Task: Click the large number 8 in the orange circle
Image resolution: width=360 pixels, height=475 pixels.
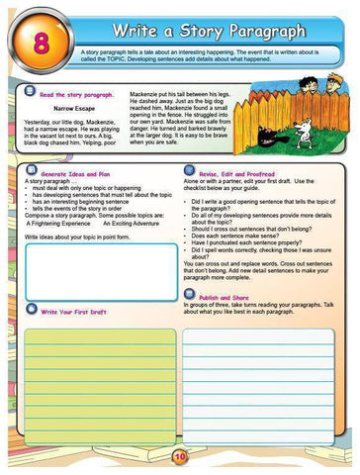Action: coord(42,42)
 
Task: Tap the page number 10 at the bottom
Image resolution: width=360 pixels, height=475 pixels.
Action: coord(179,456)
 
